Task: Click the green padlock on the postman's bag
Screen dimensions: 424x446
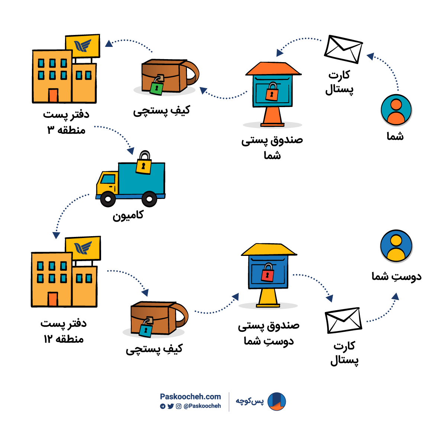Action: tap(156, 88)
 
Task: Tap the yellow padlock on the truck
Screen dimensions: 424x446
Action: tap(143, 166)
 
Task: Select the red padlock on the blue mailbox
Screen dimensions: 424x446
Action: tap(267, 275)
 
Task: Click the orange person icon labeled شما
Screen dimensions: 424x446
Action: tap(396, 110)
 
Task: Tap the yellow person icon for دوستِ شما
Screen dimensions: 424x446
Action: tap(396, 246)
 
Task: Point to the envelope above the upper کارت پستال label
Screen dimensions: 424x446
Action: tap(343, 49)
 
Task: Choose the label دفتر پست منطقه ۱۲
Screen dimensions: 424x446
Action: tap(64, 331)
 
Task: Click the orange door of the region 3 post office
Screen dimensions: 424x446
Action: tap(53, 96)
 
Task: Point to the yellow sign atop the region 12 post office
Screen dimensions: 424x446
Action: tap(83, 248)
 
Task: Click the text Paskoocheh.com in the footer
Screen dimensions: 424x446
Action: tap(190, 396)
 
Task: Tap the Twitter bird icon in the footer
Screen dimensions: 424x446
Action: tap(171, 406)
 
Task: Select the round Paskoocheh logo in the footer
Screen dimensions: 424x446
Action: tap(277, 402)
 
